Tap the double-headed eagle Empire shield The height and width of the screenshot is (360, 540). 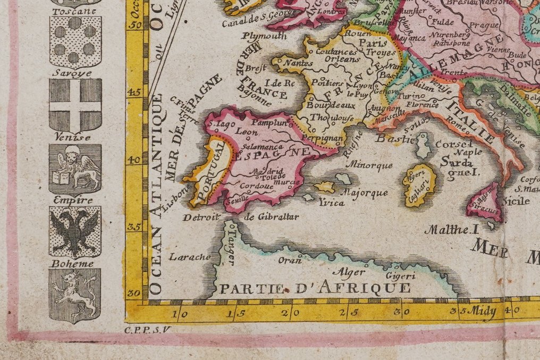point(75,232)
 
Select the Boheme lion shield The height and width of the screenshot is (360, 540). point(75,295)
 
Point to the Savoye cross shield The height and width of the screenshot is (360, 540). point(75,105)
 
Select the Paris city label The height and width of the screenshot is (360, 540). point(373,43)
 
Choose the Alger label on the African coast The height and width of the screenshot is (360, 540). point(352,272)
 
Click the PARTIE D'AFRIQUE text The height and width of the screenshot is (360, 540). point(315,289)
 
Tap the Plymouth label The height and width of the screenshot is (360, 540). point(265,36)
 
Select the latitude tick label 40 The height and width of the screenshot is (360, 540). point(136,160)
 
